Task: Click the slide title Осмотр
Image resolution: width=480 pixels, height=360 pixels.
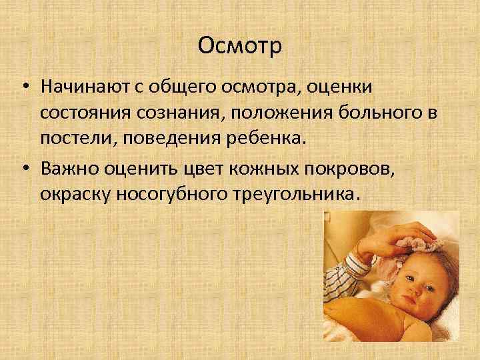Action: (x=240, y=47)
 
